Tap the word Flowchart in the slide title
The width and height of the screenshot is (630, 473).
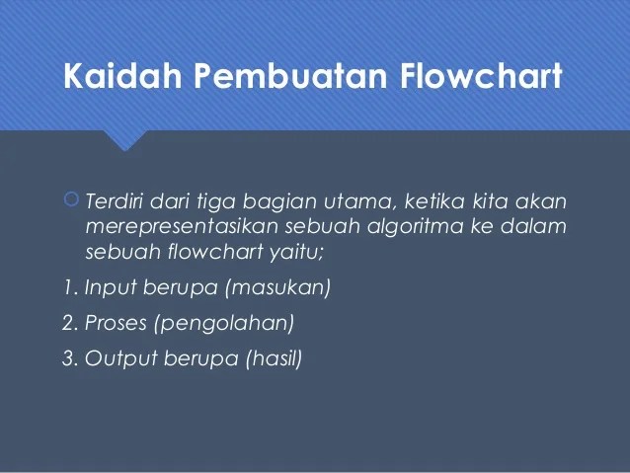coord(483,76)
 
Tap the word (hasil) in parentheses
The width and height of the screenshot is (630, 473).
coord(273,357)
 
